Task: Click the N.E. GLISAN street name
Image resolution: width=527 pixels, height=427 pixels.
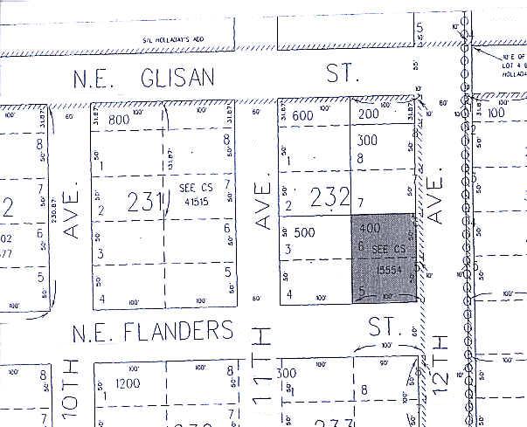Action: tap(145, 79)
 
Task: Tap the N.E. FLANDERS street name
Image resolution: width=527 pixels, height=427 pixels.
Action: tap(153, 331)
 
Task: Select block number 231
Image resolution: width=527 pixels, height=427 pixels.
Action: tap(145, 202)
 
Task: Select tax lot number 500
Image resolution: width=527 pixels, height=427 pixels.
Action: tap(305, 232)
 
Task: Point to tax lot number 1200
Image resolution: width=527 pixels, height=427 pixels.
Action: tap(128, 383)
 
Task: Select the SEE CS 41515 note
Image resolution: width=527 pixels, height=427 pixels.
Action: tap(191, 192)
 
